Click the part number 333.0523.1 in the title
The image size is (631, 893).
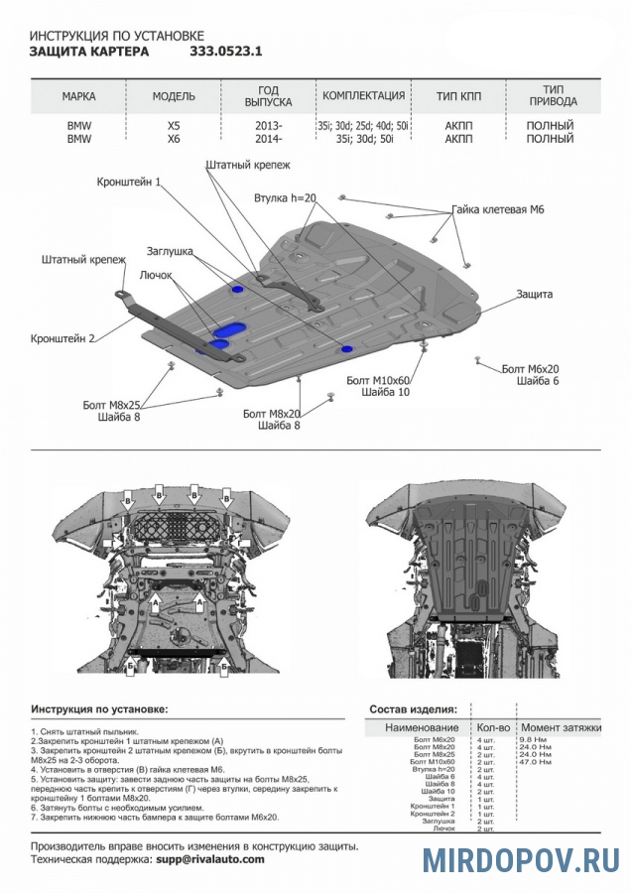click(225, 50)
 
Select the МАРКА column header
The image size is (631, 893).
click(79, 96)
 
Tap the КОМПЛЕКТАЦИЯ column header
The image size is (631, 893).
click(363, 96)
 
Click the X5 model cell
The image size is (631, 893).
click(174, 126)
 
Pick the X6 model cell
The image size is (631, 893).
click(174, 140)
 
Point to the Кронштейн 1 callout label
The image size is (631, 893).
click(129, 183)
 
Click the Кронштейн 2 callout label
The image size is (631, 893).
click(63, 338)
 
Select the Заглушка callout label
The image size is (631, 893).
click(170, 251)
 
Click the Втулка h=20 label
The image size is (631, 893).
click(284, 198)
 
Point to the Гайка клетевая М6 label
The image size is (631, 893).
click(498, 210)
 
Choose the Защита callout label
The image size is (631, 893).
click(534, 295)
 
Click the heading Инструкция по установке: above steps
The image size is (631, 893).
click(99, 710)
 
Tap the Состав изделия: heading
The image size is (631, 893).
click(413, 710)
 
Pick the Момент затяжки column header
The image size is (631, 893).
click(562, 728)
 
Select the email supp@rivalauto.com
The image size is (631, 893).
click(208, 859)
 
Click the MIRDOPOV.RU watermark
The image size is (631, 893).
click(522, 858)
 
